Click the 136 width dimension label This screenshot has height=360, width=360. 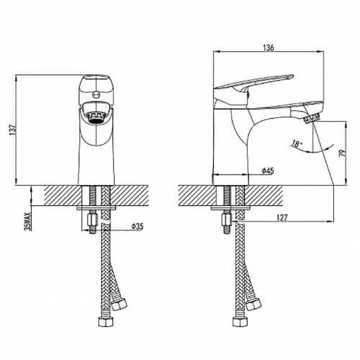[x=269, y=48]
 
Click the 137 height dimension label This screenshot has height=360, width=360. [x=13, y=130]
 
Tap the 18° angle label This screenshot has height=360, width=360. [x=297, y=144]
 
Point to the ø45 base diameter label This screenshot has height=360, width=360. [x=268, y=171]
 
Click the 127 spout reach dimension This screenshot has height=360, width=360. [x=282, y=218]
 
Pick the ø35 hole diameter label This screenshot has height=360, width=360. [x=138, y=226]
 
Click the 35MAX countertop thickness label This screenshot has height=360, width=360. [x=28, y=221]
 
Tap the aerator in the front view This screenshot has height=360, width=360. [x=96, y=117]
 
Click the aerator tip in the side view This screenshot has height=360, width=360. [x=312, y=118]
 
